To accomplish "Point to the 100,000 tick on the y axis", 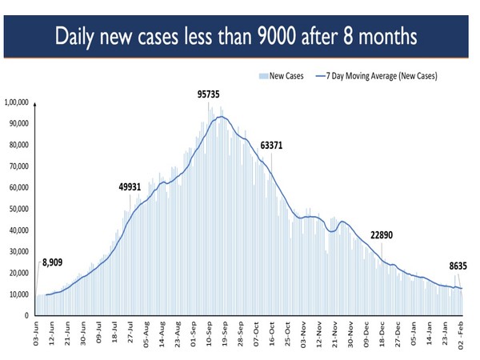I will (17, 102).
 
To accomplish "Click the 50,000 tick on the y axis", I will (18, 209).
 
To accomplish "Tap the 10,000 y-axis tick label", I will (18, 294).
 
